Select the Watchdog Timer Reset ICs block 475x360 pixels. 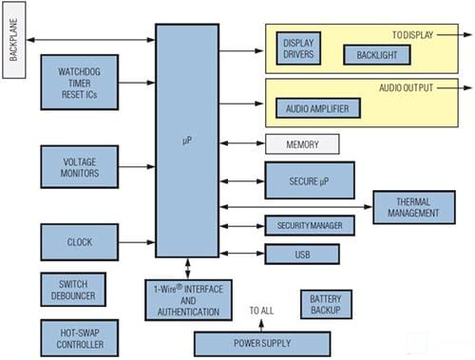click(80, 83)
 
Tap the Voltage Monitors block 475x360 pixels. click(80, 165)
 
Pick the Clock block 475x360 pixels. click(80, 242)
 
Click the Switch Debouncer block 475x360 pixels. click(80, 290)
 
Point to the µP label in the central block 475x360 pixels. click(186, 140)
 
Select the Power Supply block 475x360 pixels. click(261, 343)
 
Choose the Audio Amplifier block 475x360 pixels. click(317, 109)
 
